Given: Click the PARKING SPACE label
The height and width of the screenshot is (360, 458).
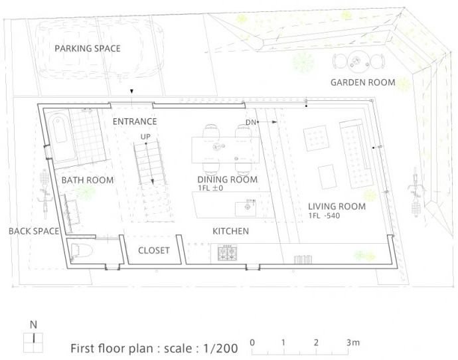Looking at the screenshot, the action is (x=88, y=48).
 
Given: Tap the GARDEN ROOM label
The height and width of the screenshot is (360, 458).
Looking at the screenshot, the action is (x=363, y=82).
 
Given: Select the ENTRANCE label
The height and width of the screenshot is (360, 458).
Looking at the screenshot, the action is (x=135, y=122).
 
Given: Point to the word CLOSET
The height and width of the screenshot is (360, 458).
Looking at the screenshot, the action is (x=154, y=250).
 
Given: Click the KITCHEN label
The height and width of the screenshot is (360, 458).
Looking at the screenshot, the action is (x=230, y=231).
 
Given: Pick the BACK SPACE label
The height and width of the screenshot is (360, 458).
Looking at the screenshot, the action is (x=34, y=231).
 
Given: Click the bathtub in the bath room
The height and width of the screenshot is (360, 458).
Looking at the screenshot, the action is (x=61, y=137).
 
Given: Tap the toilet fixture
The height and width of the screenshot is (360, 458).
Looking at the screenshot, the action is (x=81, y=251).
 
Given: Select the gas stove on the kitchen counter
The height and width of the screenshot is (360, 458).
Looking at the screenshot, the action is (x=227, y=253).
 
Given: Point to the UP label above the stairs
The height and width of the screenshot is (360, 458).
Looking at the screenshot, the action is (x=145, y=137).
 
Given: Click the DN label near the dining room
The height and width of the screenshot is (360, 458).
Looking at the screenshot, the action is (x=251, y=122).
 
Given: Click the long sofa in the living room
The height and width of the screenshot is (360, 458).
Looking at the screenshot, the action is (x=356, y=154).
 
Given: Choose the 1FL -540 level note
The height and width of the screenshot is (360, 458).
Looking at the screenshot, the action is (x=324, y=216).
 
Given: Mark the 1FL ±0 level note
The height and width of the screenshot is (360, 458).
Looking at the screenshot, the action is (x=210, y=188).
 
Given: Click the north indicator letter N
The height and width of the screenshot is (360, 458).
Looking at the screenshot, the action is (x=34, y=325).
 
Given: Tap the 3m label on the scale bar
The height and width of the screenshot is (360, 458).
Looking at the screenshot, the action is (x=353, y=342).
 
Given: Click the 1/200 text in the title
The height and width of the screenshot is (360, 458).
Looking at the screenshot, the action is (x=220, y=348).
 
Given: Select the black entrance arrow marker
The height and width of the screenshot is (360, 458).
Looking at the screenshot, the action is (x=131, y=92).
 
